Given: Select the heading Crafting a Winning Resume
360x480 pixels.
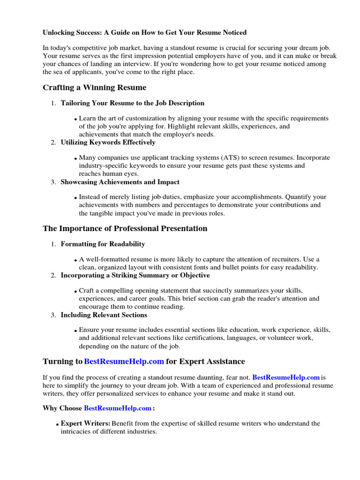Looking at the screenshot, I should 94,88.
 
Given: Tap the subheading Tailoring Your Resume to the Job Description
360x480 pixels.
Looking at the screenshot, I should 132,103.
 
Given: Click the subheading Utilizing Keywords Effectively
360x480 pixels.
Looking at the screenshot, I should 108,142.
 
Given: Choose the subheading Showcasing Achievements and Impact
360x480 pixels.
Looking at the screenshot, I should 120,182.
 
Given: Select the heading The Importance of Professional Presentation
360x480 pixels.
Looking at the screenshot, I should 125,229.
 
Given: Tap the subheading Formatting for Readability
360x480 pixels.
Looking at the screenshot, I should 103,244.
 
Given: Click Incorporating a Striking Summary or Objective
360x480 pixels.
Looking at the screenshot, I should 135,275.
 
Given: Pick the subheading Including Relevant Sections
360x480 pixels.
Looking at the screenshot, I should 104,315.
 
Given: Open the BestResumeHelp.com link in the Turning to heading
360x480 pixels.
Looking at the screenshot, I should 124,361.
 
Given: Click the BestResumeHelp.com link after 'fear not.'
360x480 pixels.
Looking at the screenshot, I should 286,377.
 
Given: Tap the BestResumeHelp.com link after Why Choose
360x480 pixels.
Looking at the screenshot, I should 118,408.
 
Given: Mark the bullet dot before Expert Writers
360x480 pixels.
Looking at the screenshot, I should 57,425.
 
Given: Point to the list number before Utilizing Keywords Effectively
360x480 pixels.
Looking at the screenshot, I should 53,142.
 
